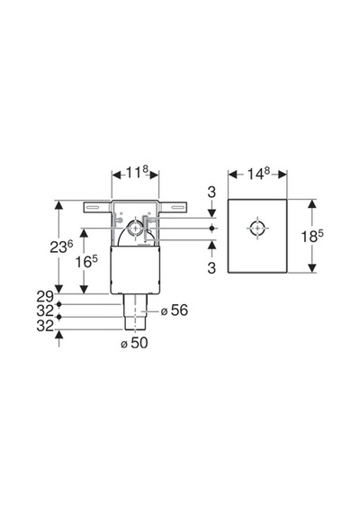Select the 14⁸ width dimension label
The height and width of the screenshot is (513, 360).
pyautogui.click(x=257, y=173)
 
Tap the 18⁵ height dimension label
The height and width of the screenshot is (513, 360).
pyautogui.click(x=312, y=236)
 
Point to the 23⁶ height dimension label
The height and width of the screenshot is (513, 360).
pyautogui.click(x=61, y=247)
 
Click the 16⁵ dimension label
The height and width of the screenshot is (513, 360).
pyautogui.click(x=86, y=261)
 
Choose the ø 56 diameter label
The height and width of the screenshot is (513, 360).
pyautogui.click(x=175, y=310)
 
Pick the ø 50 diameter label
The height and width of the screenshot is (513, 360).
pyautogui.click(x=134, y=343)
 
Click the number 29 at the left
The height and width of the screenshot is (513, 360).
pyautogui.click(x=45, y=296)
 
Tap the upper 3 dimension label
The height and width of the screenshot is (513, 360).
pyautogui.click(x=211, y=192)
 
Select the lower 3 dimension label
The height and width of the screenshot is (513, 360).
pyautogui.click(x=211, y=268)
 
